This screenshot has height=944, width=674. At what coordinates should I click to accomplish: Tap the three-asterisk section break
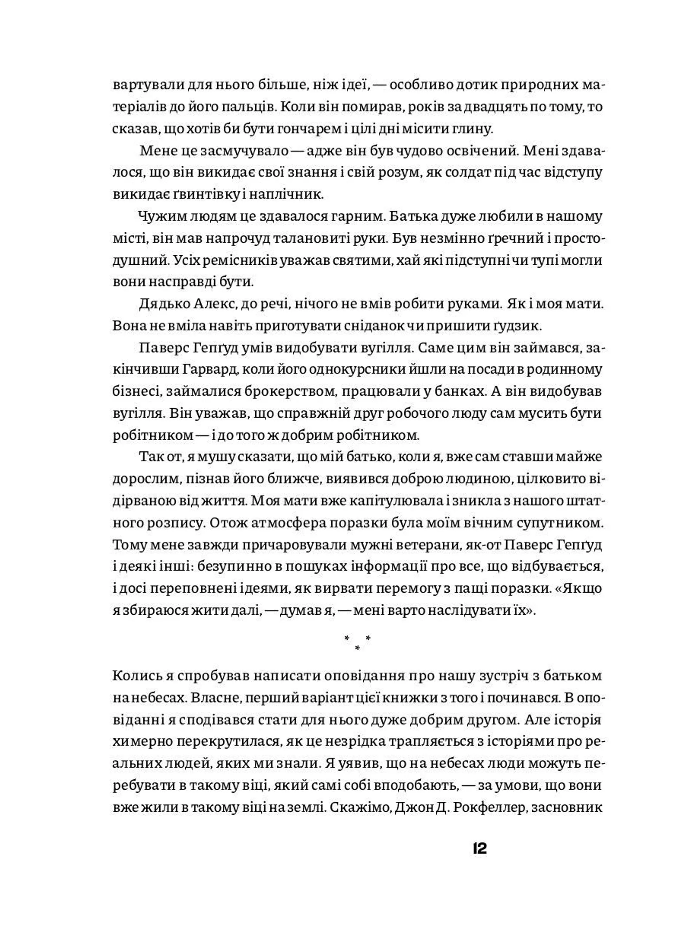click(x=357, y=643)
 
